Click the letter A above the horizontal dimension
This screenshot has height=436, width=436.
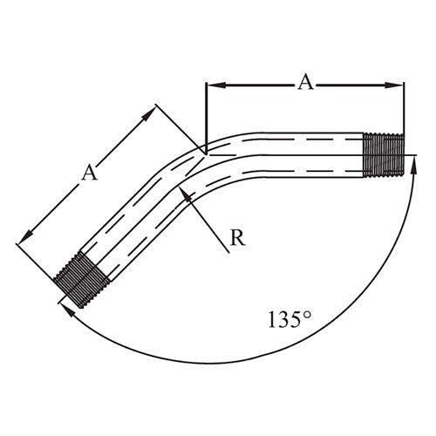[305, 82]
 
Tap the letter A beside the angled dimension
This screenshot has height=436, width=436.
[88, 173]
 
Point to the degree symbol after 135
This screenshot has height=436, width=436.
[307, 312]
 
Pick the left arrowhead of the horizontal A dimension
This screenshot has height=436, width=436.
[212, 85]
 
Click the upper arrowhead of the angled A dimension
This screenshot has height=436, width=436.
[152, 112]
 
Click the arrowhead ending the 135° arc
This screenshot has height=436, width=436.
[65, 304]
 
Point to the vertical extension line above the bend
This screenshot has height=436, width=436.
[205, 113]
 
